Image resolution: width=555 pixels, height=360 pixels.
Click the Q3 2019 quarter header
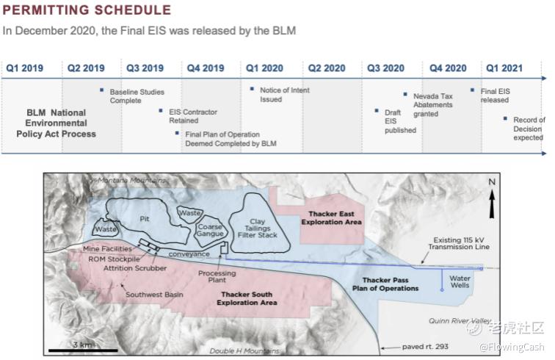[145, 68]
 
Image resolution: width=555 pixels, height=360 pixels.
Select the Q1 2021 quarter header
[504, 68]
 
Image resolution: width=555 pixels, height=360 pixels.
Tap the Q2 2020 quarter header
[327, 68]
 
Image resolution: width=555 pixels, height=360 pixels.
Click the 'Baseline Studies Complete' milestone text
[137, 96]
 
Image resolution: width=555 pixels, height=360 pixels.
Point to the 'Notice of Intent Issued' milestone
[285, 95]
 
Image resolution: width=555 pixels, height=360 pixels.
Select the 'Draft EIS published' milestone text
[400, 121]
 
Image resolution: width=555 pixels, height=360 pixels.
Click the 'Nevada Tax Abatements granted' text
[433, 105]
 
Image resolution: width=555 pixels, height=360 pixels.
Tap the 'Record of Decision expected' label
[529, 129]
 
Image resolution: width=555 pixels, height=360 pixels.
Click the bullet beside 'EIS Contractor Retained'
[161, 111]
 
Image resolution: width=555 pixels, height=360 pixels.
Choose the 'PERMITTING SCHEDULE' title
[87, 10]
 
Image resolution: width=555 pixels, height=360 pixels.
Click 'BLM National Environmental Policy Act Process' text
[57, 123]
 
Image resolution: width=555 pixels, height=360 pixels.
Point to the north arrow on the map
[492, 204]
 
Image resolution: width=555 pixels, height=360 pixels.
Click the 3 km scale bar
[83, 350]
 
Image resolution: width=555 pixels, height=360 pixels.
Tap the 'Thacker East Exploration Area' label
[331, 218]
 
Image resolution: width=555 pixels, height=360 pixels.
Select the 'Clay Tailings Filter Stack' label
[258, 228]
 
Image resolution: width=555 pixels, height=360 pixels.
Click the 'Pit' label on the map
[145, 219]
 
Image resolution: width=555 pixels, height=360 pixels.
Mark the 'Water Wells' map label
[460, 281]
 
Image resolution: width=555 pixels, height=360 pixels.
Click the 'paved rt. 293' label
[425, 347]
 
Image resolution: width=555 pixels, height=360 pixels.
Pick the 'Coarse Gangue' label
[210, 230]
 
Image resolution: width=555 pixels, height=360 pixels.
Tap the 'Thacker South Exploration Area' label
[247, 298]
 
